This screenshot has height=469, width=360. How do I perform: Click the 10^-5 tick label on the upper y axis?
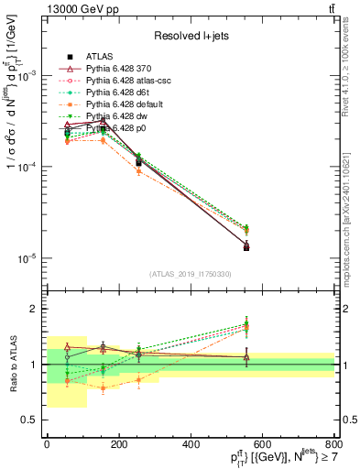tap(27, 258)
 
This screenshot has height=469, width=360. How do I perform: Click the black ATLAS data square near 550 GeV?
tap(247, 246)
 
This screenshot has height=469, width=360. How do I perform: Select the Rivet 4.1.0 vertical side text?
tap(345, 73)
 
